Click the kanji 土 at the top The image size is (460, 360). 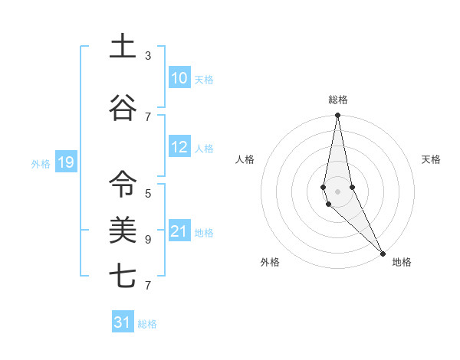[123, 47]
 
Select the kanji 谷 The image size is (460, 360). [123, 108]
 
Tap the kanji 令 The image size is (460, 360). [123, 183]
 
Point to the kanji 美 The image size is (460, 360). [123, 231]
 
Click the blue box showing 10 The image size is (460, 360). [179, 78]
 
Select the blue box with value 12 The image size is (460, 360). [179, 148]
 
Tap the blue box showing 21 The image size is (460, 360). [179, 232]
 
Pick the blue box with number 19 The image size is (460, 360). [65, 162]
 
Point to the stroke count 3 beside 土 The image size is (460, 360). [148, 56]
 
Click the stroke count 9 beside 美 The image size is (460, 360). [148, 239]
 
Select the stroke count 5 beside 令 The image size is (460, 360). [148, 193]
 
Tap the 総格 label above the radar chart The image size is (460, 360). [338, 100]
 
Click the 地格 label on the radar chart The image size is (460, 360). [402, 262]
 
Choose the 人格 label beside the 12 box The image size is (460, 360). [204, 149]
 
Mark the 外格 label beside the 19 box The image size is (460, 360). [41, 163]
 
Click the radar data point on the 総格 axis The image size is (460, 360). [337, 116]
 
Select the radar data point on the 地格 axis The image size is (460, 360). [383, 252]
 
